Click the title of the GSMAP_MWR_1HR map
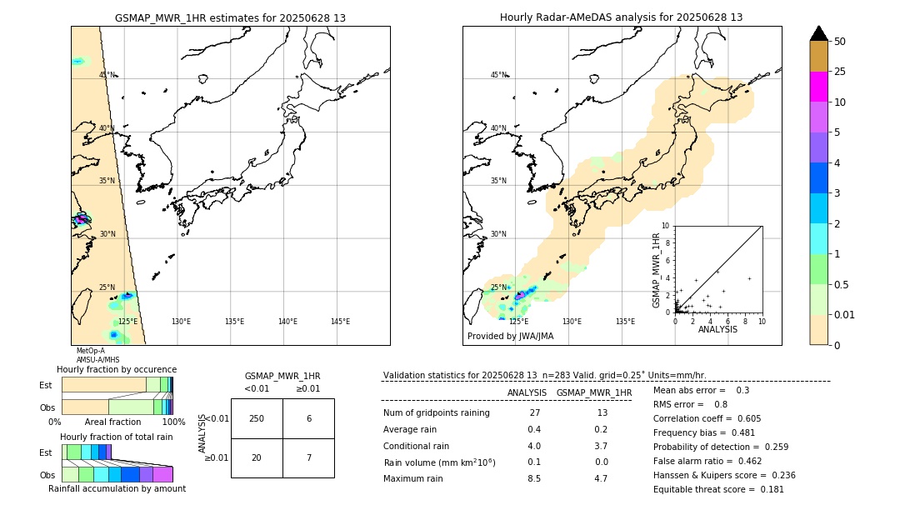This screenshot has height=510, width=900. [230, 17]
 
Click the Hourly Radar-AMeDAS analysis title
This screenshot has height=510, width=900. [621, 17]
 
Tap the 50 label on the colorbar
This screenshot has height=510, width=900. [840, 42]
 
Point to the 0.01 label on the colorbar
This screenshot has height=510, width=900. [845, 314]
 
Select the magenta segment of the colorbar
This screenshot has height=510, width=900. [819, 87]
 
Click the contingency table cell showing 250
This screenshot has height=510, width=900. [257, 418]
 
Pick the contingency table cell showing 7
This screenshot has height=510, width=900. [308, 458]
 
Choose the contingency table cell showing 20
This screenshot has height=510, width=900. [257, 458]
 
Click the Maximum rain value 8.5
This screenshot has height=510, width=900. [533, 478]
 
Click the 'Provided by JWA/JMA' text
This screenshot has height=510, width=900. [510, 337]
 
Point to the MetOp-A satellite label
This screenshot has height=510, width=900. [91, 351]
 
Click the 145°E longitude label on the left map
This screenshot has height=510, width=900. [340, 322]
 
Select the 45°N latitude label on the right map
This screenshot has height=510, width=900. [498, 75]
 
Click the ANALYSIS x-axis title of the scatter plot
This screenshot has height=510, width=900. [717, 329]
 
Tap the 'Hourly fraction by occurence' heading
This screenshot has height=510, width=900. [117, 369]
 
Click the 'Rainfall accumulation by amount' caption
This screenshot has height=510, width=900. [117, 488]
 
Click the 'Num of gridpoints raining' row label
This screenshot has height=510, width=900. [437, 413]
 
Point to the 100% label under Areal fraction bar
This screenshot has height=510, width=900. [173, 422]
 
